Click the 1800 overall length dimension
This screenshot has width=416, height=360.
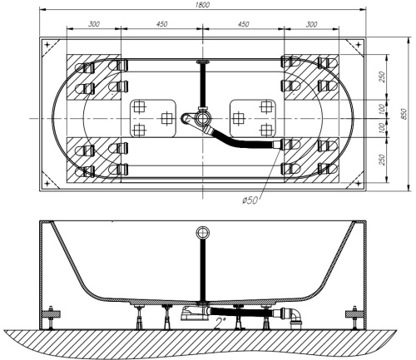[202, 6]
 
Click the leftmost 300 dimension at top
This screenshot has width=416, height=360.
[93, 24]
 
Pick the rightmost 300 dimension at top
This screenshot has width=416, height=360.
[310, 24]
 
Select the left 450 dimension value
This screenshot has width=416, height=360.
[161, 24]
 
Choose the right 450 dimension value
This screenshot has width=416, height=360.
[242, 24]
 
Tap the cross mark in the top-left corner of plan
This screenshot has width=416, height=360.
[47, 44]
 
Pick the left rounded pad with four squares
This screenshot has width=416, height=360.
[152, 117]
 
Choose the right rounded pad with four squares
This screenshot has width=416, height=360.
[253, 117]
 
